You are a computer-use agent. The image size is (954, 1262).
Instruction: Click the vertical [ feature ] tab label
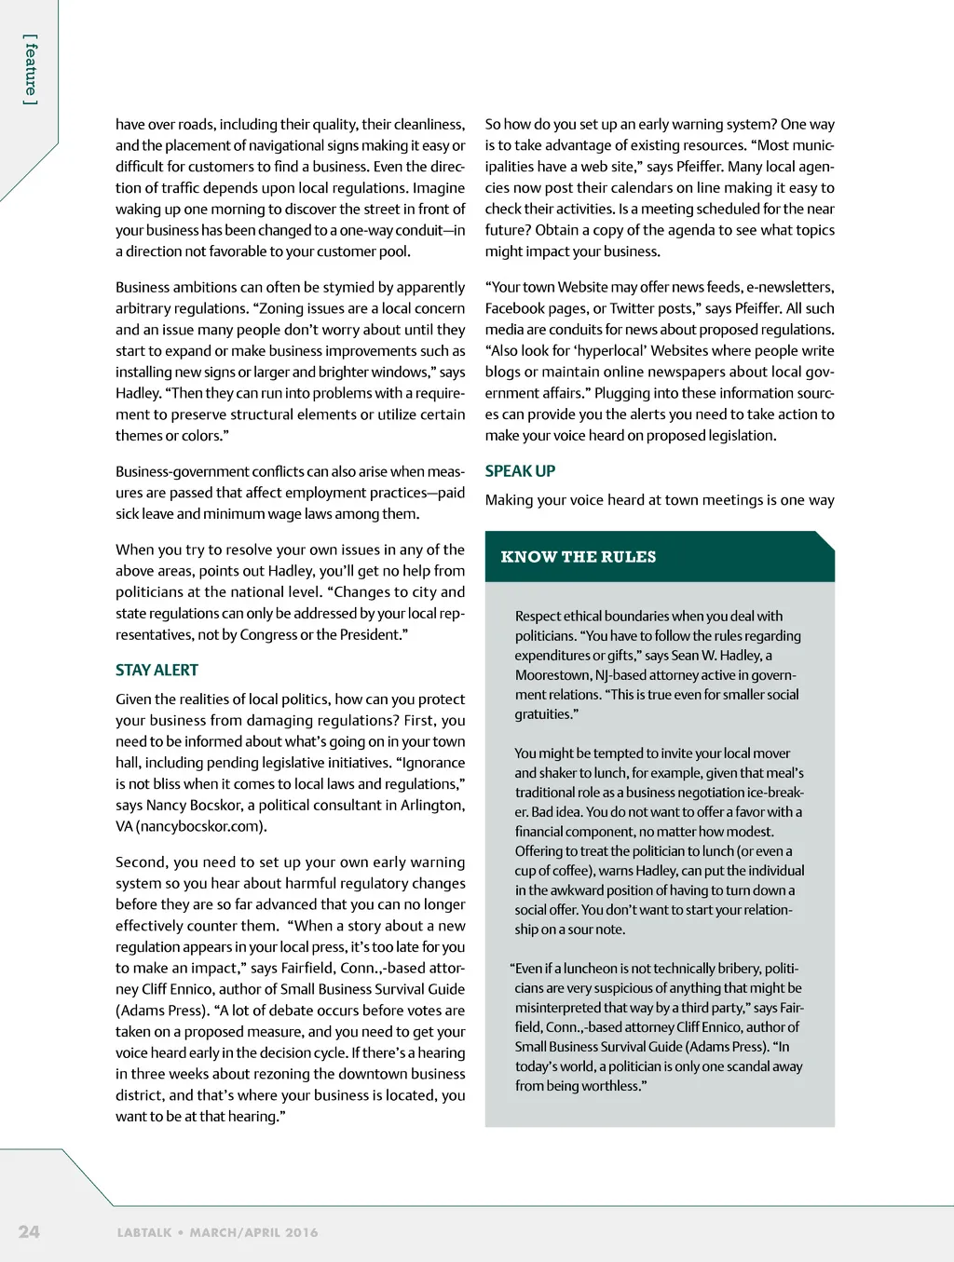(31, 70)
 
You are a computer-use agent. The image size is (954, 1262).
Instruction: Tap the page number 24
(29, 1231)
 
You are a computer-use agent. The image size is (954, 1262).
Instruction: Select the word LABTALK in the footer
(144, 1232)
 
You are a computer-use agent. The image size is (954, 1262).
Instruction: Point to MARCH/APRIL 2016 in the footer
(253, 1232)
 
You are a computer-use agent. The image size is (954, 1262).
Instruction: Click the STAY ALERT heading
(157, 670)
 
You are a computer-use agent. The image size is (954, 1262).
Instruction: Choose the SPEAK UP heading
(520, 471)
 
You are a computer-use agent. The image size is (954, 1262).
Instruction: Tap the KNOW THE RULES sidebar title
(578, 557)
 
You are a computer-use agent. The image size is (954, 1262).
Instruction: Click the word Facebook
(515, 308)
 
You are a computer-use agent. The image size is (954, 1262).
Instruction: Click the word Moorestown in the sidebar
(552, 675)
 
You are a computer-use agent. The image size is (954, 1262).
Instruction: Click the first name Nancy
(166, 805)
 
